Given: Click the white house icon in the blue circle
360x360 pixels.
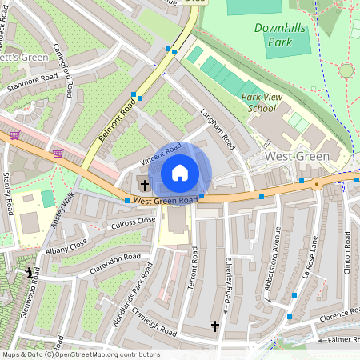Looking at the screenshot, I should pyautogui.click(x=180, y=173).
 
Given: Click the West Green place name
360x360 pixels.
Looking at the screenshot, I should pyautogui.click(x=296, y=157).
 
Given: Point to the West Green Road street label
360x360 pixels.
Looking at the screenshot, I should pyautogui.click(x=165, y=200).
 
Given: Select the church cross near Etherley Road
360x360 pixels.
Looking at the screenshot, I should pyautogui.click(x=214, y=326).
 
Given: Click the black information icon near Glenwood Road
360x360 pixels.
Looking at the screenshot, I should pyautogui.click(x=30, y=273).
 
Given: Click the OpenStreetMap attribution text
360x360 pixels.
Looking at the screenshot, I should pyautogui.click(x=80, y=354).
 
